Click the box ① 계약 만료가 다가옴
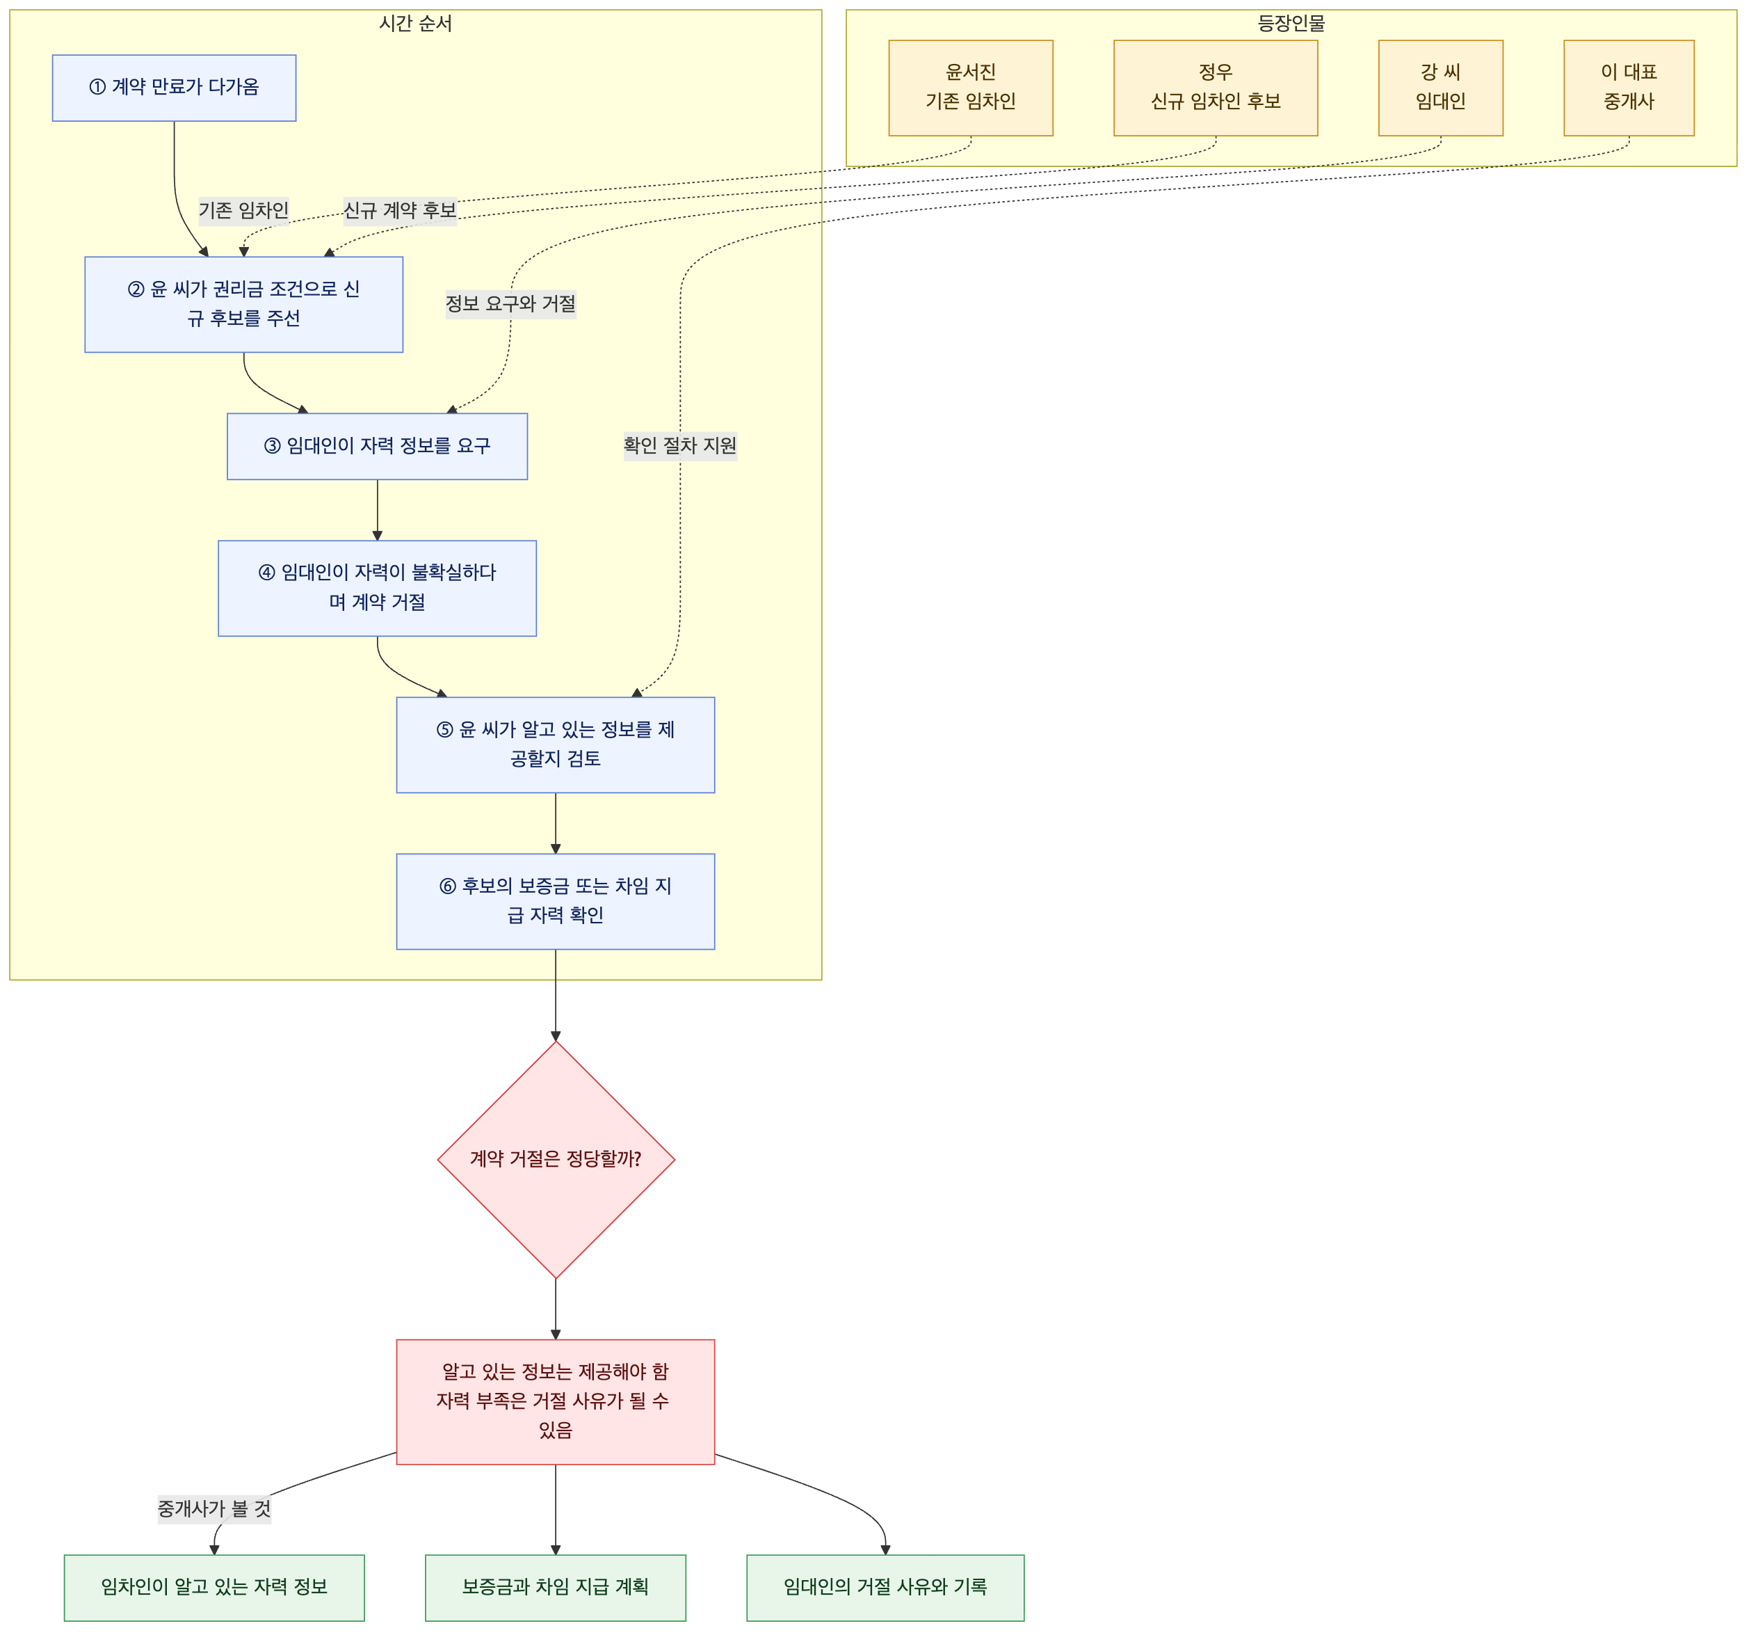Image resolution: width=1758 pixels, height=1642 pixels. (x=175, y=88)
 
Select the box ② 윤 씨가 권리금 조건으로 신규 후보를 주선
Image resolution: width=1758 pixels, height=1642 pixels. (x=244, y=304)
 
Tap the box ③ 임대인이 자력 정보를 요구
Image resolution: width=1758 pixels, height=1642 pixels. (x=378, y=447)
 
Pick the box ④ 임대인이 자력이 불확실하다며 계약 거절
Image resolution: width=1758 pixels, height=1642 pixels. (x=378, y=589)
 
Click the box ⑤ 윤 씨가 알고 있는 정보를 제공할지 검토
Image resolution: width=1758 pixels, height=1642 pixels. (x=556, y=745)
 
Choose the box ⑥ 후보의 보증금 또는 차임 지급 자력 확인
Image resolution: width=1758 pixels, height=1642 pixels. (x=556, y=902)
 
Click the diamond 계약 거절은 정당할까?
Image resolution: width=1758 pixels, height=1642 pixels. (x=556, y=1160)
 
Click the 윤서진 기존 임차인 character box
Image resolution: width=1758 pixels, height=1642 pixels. (x=971, y=88)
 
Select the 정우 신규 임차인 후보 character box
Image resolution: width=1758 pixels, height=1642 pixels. (x=1216, y=88)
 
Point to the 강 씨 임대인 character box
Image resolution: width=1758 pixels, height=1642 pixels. (x=1440, y=88)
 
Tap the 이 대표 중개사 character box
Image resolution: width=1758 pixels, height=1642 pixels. (x=1629, y=88)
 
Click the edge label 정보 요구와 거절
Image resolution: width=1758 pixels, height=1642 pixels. (x=511, y=304)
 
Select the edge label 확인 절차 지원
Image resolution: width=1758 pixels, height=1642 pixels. (x=680, y=446)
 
